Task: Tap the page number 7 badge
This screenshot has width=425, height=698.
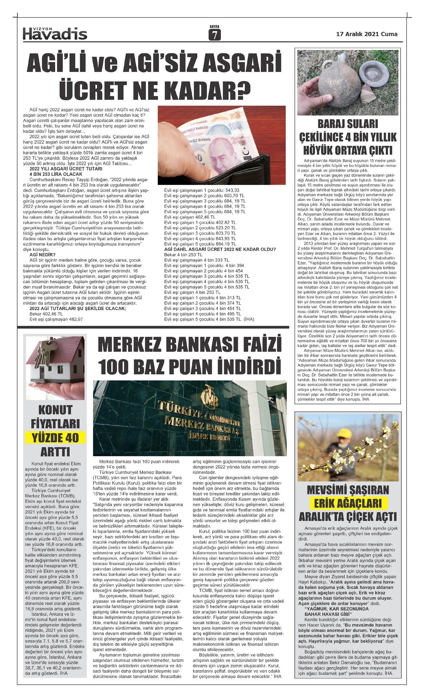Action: coord(214,35)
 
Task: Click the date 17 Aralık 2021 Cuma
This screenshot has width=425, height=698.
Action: coord(367,34)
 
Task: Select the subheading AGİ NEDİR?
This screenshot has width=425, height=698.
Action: coord(42,255)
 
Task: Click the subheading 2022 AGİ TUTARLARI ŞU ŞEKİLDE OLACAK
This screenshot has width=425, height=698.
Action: coord(78,308)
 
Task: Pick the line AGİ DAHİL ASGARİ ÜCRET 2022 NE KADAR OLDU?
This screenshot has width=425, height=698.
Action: coord(220,249)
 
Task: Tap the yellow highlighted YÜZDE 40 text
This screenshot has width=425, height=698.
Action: coord(56,437)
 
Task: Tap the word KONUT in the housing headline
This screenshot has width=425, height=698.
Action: coord(56,410)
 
